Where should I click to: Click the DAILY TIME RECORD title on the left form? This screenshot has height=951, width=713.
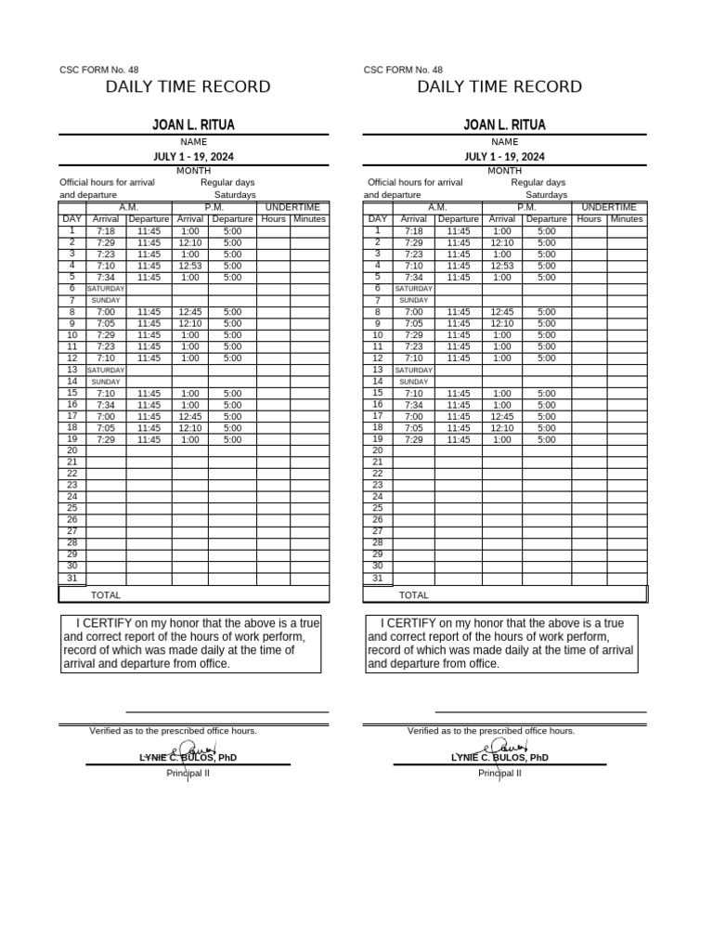coord(188,87)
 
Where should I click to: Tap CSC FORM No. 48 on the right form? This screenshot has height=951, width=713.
coord(403,70)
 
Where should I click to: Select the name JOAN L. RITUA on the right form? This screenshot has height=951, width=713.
coord(504,124)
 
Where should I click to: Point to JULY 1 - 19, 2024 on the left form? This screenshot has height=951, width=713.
coord(193,157)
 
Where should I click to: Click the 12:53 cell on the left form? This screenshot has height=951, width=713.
coord(189,266)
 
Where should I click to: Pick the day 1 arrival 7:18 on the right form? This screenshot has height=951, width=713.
coord(413,231)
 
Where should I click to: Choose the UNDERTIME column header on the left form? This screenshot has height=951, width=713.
coord(292,207)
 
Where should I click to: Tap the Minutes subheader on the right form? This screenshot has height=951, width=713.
coord(627,219)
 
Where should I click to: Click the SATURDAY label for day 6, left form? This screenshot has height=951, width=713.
coord(106,289)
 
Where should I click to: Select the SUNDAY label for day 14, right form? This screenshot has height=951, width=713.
coord(413,382)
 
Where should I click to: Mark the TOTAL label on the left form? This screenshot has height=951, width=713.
coord(106,595)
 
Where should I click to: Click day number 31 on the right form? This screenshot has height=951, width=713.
coord(377,578)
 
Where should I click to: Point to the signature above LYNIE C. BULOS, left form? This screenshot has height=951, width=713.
coord(197,748)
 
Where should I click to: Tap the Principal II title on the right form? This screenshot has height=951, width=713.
coord(499,774)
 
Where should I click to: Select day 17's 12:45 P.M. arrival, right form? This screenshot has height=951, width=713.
coord(501,417)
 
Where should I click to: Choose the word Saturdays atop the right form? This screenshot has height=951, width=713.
coord(546,195)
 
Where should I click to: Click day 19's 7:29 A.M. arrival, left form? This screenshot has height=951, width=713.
coord(106,440)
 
